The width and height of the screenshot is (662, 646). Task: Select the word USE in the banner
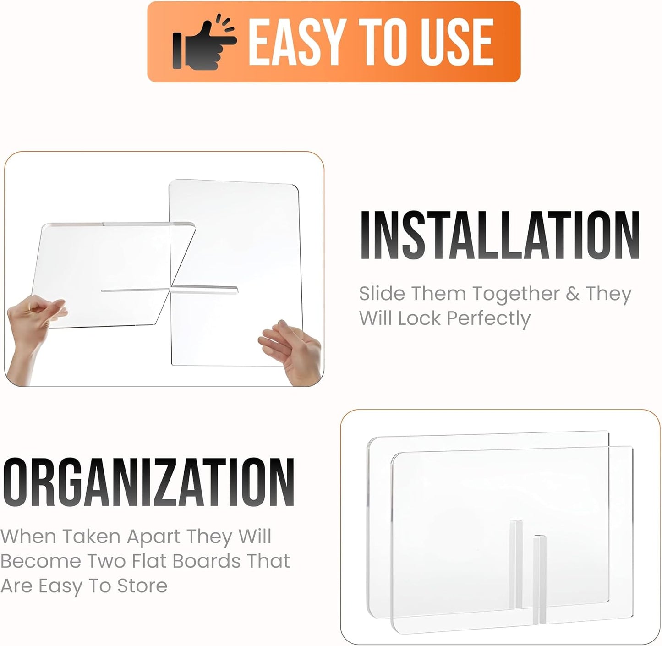click(456, 42)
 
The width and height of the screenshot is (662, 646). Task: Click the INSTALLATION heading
click(500, 235)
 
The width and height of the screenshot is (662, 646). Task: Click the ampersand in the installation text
click(573, 294)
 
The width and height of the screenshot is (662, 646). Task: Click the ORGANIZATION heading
click(148, 483)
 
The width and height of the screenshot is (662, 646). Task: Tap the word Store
click(142, 586)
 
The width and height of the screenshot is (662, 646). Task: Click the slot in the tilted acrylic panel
click(136, 290)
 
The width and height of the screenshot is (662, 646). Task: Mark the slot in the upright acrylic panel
click(204, 290)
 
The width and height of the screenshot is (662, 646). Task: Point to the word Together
click(516, 295)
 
